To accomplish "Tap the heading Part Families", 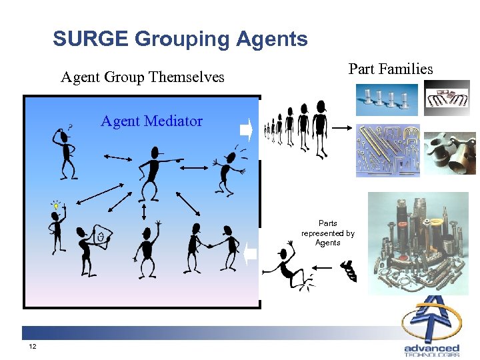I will (x=391, y=69).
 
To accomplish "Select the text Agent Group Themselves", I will (x=143, y=77).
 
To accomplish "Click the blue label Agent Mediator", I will (x=151, y=121).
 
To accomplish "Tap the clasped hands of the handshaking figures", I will (x=210, y=245).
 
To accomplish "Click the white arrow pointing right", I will (x=246, y=129).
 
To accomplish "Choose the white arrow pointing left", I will (x=250, y=254).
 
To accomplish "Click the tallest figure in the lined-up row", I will (x=320, y=129).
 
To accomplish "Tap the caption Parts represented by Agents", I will (x=328, y=233).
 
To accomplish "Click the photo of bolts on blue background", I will (x=387, y=99).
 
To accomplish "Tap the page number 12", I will (x=33, y=347).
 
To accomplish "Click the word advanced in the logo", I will (x=431, y=348).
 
